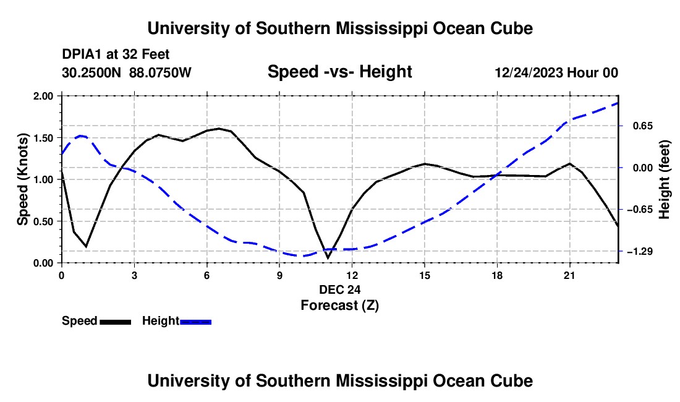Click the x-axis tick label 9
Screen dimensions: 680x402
click(x=279, y=275)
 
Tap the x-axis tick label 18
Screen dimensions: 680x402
click(x=497, y=275)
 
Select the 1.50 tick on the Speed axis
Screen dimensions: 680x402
click(x=43, y=138)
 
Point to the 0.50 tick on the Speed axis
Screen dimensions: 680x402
click(x=43, y=221)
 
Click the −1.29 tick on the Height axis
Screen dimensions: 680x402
click(x=640, y=252)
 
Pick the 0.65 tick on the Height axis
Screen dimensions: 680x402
click(x=643, y=126)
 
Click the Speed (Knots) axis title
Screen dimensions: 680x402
click(x=22, y=179)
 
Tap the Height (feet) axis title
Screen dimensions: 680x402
click(x=664, y=179)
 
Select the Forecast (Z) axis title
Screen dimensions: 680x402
click(x=339, y=306)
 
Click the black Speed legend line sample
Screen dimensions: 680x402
click(x=116, y=322)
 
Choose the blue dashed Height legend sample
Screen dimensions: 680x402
click(x=195, y=322)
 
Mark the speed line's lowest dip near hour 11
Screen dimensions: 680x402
click(x=328, y=258)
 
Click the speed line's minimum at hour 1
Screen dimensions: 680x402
click(x=86, y=246)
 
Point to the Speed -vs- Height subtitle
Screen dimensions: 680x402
click(x=339, y=72)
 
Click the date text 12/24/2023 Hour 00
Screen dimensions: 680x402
click(x=556, y=72)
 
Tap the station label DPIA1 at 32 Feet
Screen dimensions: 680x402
click(x=116, y=54)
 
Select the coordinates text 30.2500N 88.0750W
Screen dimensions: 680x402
click(x=127, y=72)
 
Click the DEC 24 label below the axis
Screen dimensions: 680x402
click(x=339, y=289)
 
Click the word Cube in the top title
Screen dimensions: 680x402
click(x=512, y=28)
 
